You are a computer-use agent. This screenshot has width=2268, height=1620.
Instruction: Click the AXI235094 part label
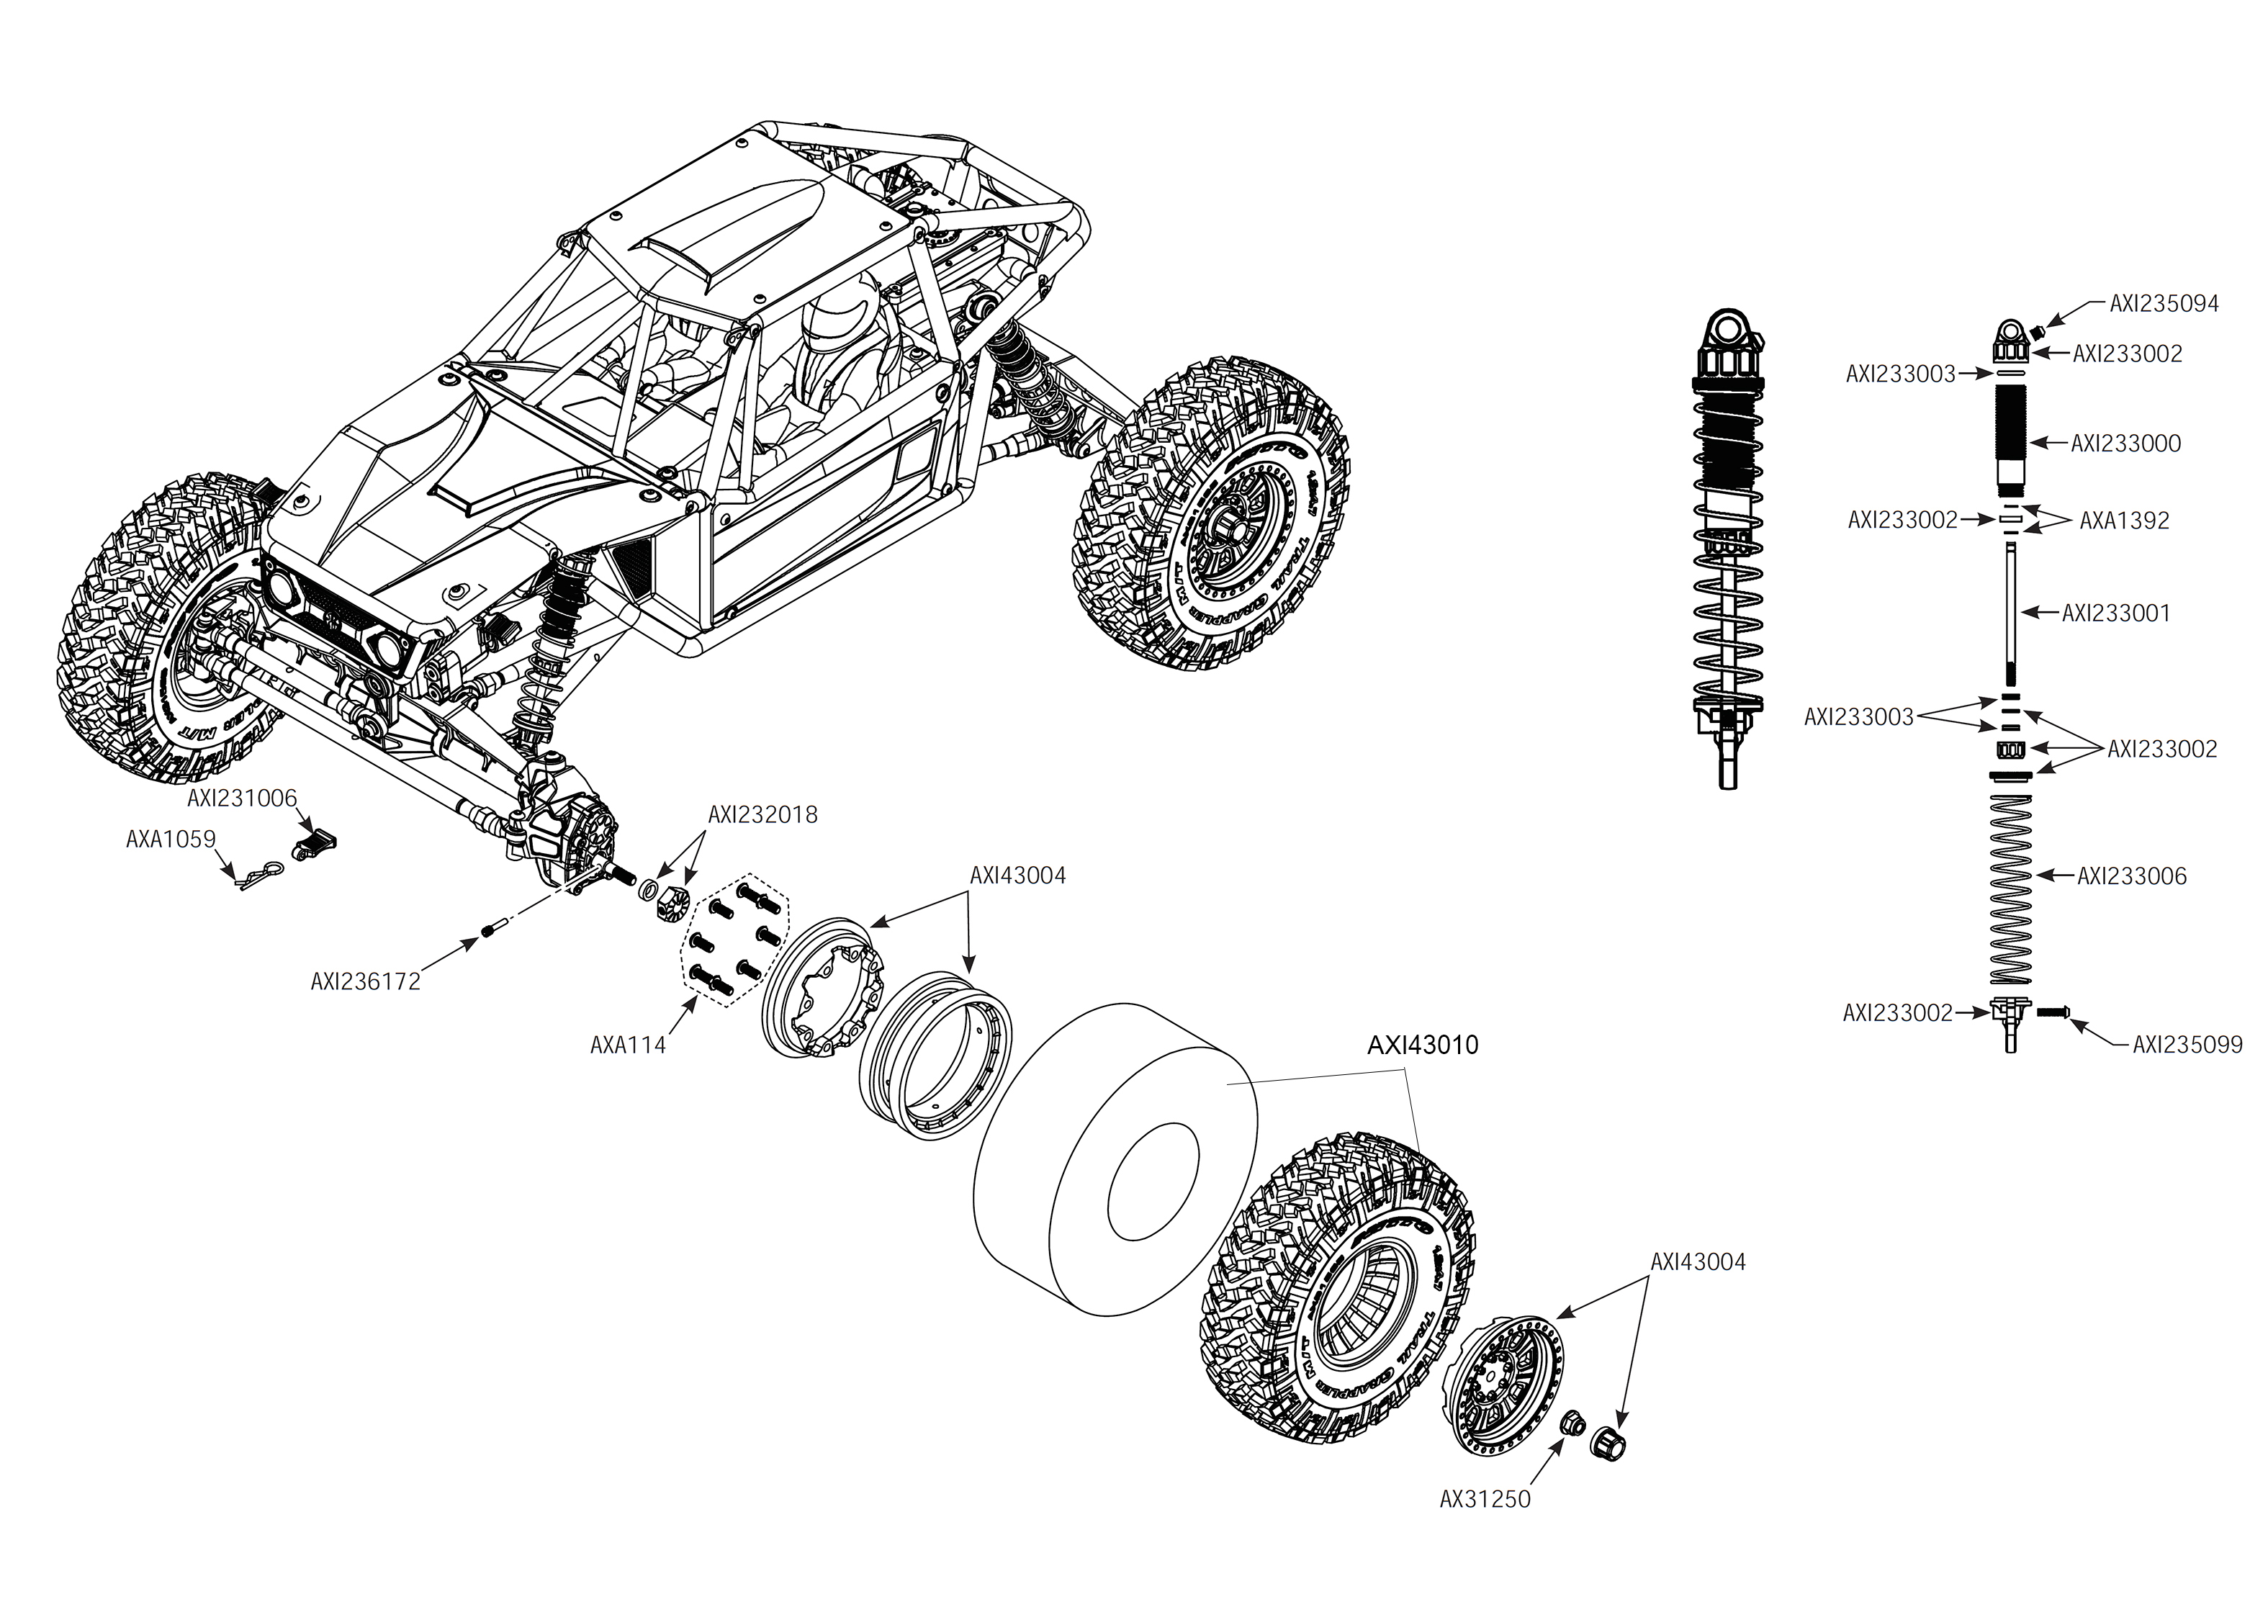(2164, 305)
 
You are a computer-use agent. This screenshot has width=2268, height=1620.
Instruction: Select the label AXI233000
(2125, 444)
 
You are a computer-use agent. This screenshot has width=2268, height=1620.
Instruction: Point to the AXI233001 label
(2115, 613)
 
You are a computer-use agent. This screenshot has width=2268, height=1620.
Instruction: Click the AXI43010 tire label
(1422, 1045)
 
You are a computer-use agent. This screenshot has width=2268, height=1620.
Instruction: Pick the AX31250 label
(1484, 1499)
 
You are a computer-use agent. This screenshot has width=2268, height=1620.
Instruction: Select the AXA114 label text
(627, 1045)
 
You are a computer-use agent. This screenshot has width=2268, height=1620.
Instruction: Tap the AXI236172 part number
(365, 981)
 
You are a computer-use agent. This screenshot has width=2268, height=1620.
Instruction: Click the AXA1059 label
(171, 840)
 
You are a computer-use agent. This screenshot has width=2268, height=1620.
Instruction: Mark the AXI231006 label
(243, 799)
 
